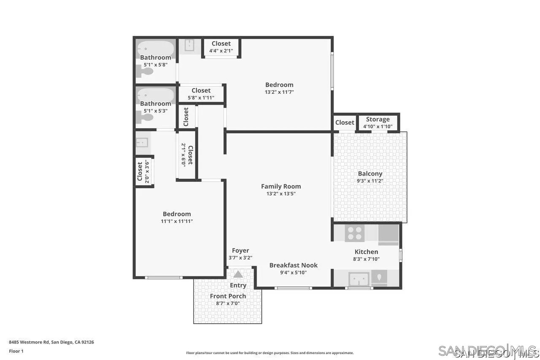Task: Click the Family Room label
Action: coord(281,186)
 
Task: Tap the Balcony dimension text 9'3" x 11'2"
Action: coord(370,181)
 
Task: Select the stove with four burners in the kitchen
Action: coord(355,233)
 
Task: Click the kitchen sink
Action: coord(359,279)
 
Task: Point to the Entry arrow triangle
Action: coord(238,274)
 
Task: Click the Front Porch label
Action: coord(228,296)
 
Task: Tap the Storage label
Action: coord(378,119)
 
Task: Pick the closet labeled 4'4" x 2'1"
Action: coord(221,47)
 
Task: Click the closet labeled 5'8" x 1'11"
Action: coord(201,94)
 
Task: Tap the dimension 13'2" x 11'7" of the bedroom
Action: coord(279,92)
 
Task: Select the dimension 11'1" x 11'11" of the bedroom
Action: coord(177,221)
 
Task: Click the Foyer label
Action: coord(240,251)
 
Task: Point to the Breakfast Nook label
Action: coord(293,265)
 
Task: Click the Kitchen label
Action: coord(366,252)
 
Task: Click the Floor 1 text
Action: coord(16,351)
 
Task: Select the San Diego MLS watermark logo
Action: coord(487,351)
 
